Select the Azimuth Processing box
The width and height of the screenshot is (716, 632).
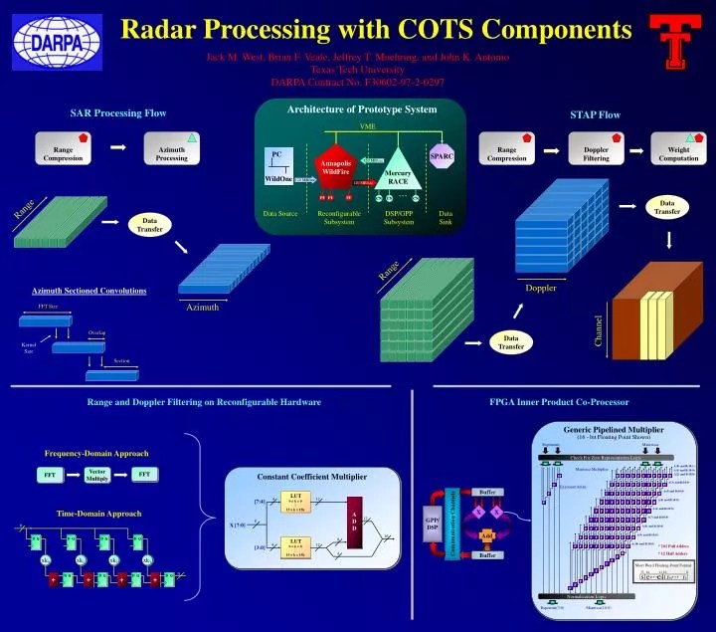pyautogui.click(x=171, y=151)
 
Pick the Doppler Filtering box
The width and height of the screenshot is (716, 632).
pyautogui.click(x=596, y=151)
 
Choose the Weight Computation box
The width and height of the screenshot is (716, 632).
pyautogui.click(x=678, y=151)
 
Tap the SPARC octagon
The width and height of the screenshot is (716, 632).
pyautogui.click(x=442, y=156)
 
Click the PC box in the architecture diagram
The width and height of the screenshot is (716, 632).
pyautogui.click(x=277, y=155)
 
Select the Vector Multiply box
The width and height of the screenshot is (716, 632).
pyautogui.click(x=96, y=475)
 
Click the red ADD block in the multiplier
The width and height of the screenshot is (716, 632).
pyautogui.click(x=354, y=516)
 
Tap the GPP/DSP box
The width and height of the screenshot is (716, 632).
pyautogui.click(x=433, y=525)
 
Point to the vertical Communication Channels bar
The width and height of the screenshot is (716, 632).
pyautogui.click(x=453, y=524)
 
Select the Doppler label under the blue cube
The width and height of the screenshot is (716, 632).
pyautogui.click(x=541, y=288)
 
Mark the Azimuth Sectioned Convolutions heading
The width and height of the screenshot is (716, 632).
pyautogui.click(x=89, y=291)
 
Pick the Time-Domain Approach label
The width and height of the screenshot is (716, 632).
pyautogui.click(x=98, y=514)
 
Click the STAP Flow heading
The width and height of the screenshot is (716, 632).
pyautogui.click(x=595, y=114)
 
